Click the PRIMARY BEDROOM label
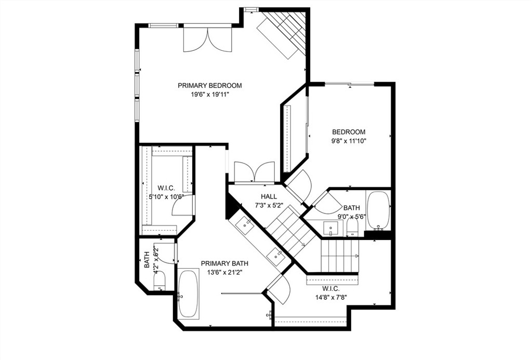pos(209,86)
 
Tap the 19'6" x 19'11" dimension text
pos(209,95)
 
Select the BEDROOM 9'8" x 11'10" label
pos(349,136)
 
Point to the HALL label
pos(269,196)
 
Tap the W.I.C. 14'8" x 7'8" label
pos(330,294)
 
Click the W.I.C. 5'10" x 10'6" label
pos(166,192)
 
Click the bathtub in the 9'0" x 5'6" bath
pos(378,210)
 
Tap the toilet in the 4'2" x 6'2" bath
pos(159,281)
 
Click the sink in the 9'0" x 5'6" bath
pos(330,228)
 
